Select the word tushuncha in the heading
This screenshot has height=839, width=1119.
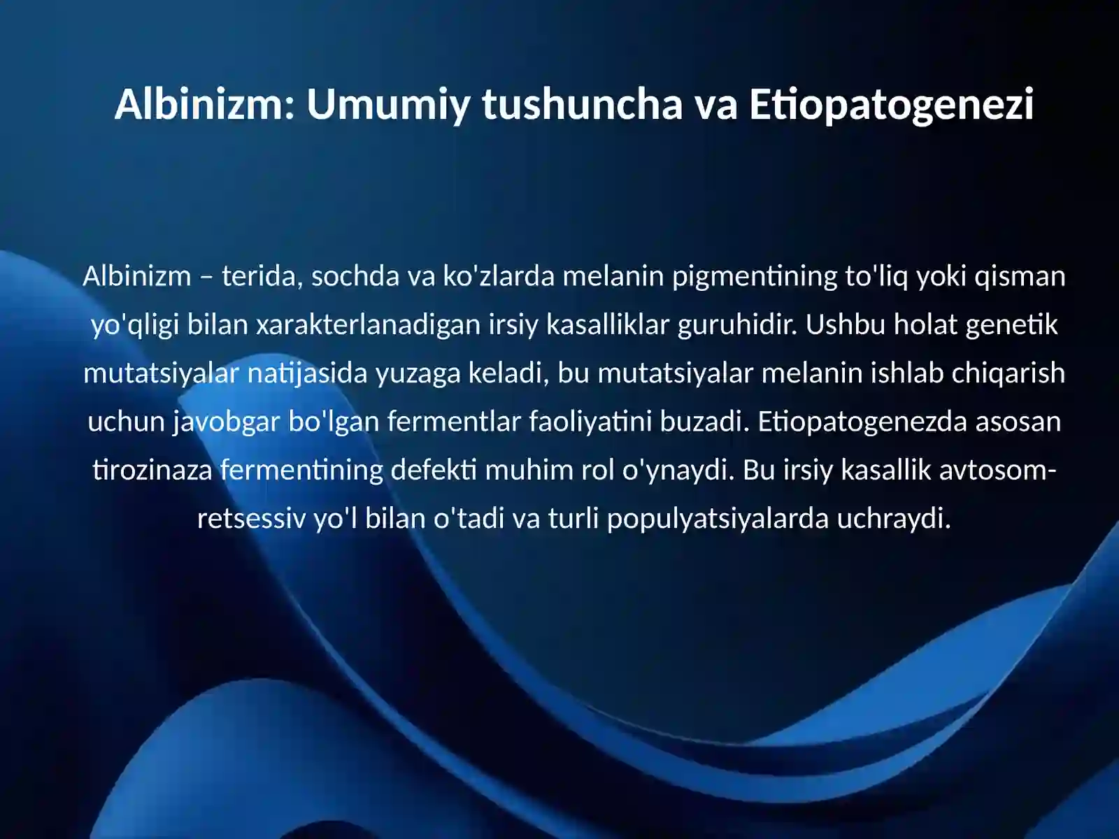pos(582,104)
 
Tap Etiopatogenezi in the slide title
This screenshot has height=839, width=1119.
pos(891,104)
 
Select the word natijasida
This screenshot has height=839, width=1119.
pos(307,373)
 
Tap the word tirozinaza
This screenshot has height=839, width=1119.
pos(152,470)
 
